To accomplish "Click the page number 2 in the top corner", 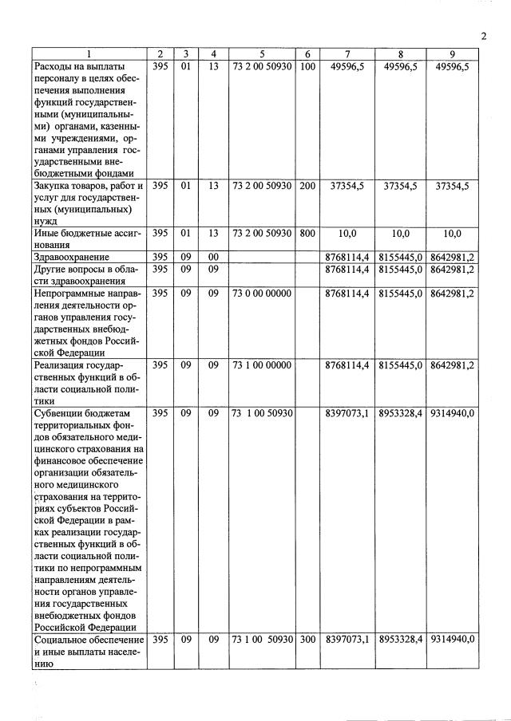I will pyautogui.click(x=484, y=36).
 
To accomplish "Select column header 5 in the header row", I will pyautogui.click(x=263, y=53).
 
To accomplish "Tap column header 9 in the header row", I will pyautogui.click(x=453, y=53).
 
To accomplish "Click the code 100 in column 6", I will pyautogui.click(x=307, y=66).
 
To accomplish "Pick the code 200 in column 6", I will pyautogui.click(x=307, y=186).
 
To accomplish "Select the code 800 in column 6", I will pyautogui.click(x=307, y=233).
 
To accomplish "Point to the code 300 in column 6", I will pyautogui.click(x=307, y=640).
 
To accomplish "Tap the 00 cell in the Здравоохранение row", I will pyautogui.click(x=213, y=258).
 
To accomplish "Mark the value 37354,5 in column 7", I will pyautogui.click(x=347, y=186).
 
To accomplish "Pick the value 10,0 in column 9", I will pyautogui.click(x=453, y=233).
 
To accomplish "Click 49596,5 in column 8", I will pyautogui.click(x=401, y=66).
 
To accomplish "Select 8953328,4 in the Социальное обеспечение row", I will pyautogui.click(x=401, y=640).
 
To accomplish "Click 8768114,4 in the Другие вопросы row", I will pyautogui.click(x=347, y=270).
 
